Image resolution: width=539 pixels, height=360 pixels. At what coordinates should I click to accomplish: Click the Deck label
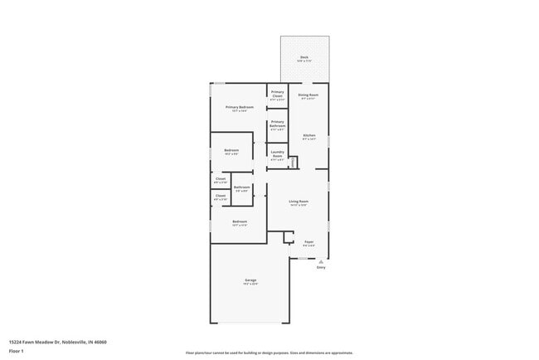click(x=303, y=58)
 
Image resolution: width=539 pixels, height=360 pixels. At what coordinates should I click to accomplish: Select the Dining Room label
click(x=308, y=95)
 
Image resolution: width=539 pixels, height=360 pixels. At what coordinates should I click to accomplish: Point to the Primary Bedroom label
click(x=240, y=107)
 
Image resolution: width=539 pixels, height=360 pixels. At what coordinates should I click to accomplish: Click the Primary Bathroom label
click(x=278, y=124)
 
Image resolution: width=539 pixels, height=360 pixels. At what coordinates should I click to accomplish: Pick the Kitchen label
click(x=309, y=135)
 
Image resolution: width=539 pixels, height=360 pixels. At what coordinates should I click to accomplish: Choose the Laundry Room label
click(x=278, y=153)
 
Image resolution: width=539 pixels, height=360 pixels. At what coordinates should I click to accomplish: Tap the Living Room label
click(x=299, y=202)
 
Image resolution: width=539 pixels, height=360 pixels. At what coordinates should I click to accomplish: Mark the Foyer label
click(x=308, y=242)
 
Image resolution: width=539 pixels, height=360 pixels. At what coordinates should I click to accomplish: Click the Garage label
click(x=250, y=280)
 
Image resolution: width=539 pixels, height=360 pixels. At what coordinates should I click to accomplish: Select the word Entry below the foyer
click(x=321, y=267)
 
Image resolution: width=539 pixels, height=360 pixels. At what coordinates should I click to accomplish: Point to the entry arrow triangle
click(x=321, y=260)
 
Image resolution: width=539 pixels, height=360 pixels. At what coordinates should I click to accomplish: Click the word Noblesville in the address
click(x=76, y=342)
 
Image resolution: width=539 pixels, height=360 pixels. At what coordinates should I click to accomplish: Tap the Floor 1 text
click(x=16, y=351)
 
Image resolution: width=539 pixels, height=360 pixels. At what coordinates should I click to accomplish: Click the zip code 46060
click(x=100, y=342)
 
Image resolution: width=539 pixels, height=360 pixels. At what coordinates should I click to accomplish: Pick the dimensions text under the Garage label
click(x=250, y=285)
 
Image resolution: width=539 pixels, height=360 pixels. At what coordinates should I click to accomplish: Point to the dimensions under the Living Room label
click(x=299, y=206)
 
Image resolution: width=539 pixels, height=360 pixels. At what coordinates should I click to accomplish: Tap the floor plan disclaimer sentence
click(x=269, y=353)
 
